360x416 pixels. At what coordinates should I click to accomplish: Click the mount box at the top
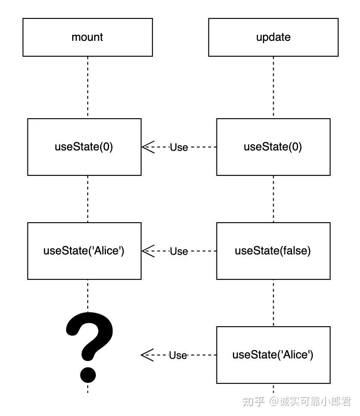pyautogui.click(x=88, y=37)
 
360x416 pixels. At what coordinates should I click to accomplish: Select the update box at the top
pyautogui.click(x=273, y=37)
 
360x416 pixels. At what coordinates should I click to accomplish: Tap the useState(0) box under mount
pyautogui.click(x=84, y=147)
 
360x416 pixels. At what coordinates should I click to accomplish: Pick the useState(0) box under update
pyautogui.click(x=273, y=147)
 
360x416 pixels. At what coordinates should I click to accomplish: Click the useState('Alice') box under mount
pyautogui.click(x=84, y=251)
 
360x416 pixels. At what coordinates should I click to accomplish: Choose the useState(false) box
pyautogui.click(x=273, y=251)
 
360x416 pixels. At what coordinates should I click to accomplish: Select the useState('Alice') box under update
pyautogui.click(x=273, y=355)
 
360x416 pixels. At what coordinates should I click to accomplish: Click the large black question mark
pyautogui.click(x=89, y=340)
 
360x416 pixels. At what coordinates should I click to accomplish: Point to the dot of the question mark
pyautogui.click(x=88, y=374)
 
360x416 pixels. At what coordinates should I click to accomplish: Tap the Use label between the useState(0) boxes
pyautogui.click(x=179, y=147)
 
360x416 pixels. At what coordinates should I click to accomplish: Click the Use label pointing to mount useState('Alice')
pyautogui.click(x=179, y=251)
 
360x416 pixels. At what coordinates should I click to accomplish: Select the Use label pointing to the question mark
pyautogui.click(x=178, y=355)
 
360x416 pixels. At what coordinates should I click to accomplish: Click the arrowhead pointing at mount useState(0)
pyautogui.click(x=147, y=147)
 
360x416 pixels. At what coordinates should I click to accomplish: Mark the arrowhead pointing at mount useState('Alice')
pyautogui.click(x=147, y=251)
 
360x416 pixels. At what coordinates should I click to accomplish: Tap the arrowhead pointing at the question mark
pyautogui.click(x=146, y=355)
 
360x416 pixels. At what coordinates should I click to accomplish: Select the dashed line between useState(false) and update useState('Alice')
pyautogui.click(x=273, y=303)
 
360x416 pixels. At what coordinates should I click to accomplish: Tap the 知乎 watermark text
pyautogui.click(x=253, y=402)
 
